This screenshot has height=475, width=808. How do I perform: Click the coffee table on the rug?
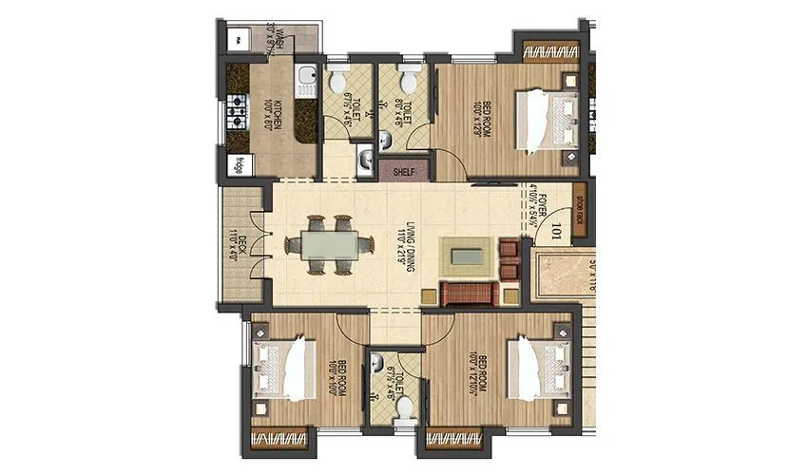[467, 255]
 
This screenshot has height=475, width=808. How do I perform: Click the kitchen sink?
[306, 81]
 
